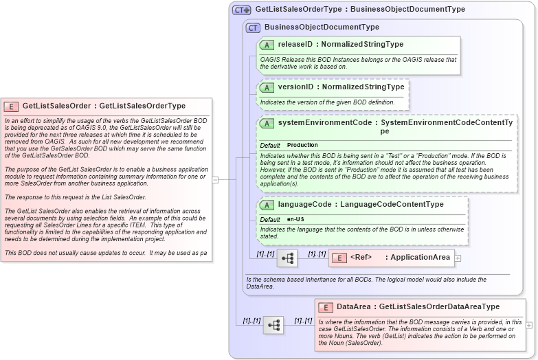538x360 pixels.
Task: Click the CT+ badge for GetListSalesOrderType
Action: click(x=242, y=10)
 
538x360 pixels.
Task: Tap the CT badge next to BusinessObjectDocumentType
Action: click(x=254, y=27)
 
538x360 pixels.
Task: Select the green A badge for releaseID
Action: click(x=267, y=45)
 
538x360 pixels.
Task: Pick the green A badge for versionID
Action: click(x=267, y=87)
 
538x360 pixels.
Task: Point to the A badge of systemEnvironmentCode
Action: click(x=267, y=123)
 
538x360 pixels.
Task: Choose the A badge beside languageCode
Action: click(x=267, y=205)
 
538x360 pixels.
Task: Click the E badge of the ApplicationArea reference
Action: click(x=339, y=258)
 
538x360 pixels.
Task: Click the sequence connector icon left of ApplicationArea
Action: click(x=287, y=258)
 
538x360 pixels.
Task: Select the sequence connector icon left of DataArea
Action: click(x=273, y=324)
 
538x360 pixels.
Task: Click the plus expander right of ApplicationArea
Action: click(x=458, y=258)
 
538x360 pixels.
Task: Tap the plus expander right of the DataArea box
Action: click(x=529, y=324)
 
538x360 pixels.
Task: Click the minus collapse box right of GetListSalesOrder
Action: click(x=215, y=180)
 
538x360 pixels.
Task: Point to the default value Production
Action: click(x=302, y=146)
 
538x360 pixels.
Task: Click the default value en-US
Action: click(x=296, y=219)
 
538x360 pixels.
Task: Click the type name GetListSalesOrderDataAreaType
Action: click(x=439, y=307)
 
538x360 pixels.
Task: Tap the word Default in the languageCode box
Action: click(x=270, y=219)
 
